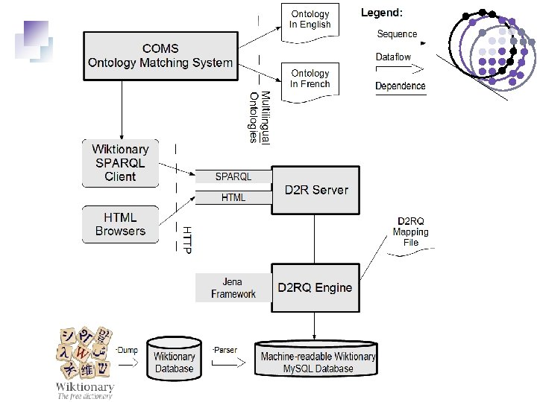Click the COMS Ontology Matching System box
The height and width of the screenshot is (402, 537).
tap(160, 55)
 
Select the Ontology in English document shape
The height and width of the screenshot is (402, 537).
tap(310, 20)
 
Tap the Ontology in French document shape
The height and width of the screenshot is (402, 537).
tap(310, 79)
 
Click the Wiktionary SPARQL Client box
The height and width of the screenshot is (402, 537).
tap(120, 162)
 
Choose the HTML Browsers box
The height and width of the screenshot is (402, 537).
tap(120, 224)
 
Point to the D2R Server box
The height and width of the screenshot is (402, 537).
tap(316, 190)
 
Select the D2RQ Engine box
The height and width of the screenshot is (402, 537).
tap(315, 287)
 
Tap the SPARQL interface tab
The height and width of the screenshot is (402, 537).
tap(233, 176)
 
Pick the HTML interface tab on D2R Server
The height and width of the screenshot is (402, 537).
tap(233, 198)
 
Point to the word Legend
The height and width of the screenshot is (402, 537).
tap(382, 13)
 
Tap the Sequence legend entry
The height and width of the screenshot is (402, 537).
tap(397, 34)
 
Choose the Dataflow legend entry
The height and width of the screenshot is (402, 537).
tap(394, 57)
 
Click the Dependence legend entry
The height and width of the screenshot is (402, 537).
tap(401, 86)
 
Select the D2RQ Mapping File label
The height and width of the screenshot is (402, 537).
tap(411, 232)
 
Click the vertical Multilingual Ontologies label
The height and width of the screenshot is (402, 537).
tap(260, 118)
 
